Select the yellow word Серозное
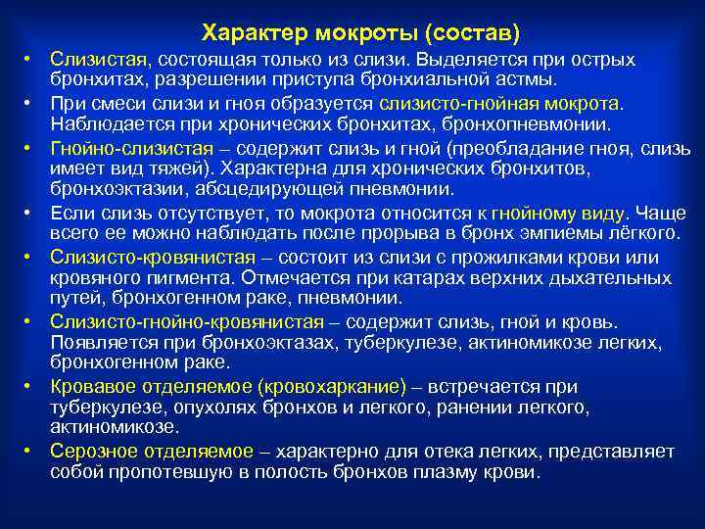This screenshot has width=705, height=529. [90, 451]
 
